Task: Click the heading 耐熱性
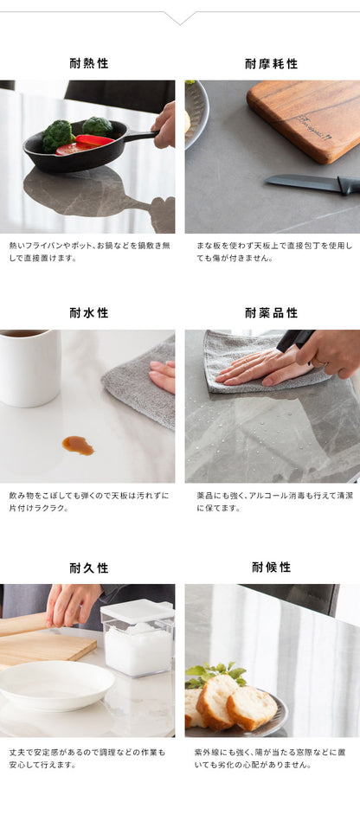[x=89, y=63]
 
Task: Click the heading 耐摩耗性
[x=272, y=63]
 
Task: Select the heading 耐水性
[x=89, y=312]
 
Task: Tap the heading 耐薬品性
[x=272, y=312]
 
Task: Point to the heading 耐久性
[x=89, y=568]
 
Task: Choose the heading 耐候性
[x=272, y=567]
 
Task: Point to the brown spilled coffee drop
[x=77, y=445]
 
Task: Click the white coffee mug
[x=29, y=367]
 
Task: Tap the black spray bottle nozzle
[x=295, y=339]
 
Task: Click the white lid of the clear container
[x=137, y=611]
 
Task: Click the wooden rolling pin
[x=22, y=623]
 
